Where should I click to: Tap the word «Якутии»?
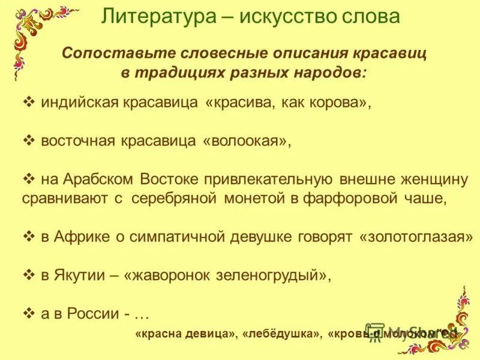[x=82, y=275]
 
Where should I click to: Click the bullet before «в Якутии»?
[x=28, y=275]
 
